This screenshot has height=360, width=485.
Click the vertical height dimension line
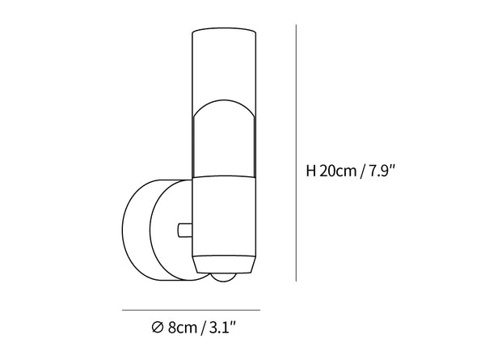point(296,153)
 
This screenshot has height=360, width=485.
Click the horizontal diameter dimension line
point(191,310)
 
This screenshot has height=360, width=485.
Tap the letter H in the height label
point(310,171)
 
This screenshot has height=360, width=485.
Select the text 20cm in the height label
point(338,171)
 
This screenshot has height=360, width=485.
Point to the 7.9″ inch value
point(382,171)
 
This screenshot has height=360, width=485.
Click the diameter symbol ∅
point(158,327)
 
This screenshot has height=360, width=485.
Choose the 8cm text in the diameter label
point(183,328)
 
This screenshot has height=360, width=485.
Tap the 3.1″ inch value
point(222,327)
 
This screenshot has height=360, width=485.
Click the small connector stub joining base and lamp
point(185,231)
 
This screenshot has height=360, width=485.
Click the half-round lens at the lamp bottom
point(224,277)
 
